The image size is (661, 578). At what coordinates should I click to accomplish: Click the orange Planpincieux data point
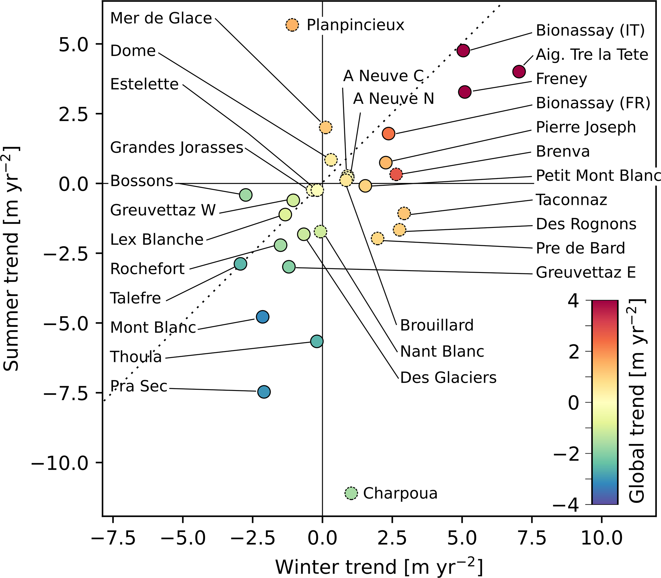(x=292, y=25)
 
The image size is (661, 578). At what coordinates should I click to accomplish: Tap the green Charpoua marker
(x=351, y=493)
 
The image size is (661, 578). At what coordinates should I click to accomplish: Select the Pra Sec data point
(x=264, y=392)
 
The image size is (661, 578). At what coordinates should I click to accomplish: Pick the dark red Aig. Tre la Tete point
(x=519, y=71)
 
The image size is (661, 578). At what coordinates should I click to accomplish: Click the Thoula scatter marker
(x=317, y=341)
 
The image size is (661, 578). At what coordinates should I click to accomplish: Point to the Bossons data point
(x=246, y=195)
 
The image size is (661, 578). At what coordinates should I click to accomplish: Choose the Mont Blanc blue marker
(x=263, y=317)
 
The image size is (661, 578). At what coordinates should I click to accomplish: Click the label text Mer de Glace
(x=161, y=19)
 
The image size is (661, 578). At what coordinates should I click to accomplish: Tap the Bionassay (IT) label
(x=590, y=31)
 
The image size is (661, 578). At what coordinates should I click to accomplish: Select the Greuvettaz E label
(x=585, y=273)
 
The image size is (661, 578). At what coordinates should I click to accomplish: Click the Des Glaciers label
(x=448, y=378)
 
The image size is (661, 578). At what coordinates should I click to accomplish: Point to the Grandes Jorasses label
(x=177, y=148)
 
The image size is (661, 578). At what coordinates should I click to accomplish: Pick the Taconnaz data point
(x=404, y=213)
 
